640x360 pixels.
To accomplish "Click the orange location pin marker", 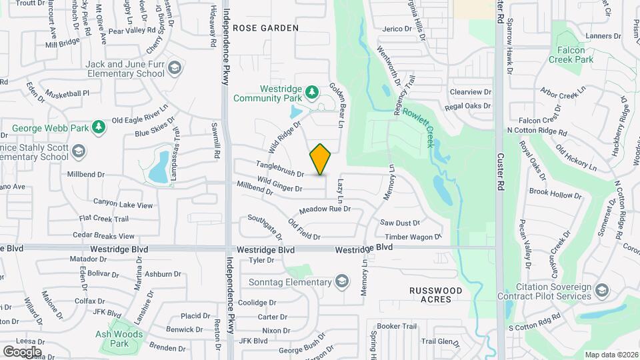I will click(x=321, y=159).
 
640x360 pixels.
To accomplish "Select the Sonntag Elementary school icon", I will click(x=342, y=281).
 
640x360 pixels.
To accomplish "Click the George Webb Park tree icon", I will click(x=98, y=126).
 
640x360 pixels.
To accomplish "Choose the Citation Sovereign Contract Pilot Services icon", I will click(x=602, y=290).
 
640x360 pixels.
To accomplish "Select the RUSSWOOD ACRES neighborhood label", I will click(x=436, y=295).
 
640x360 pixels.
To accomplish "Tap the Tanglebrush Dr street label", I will click(x=280, y=169).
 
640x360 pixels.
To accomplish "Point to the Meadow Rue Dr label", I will click(x=325, y=210).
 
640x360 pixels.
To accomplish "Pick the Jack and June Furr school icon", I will click(x=174, y=67).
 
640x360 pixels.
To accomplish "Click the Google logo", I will click(x=22, y=351).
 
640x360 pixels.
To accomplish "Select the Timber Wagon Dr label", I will click(x=413, y=237).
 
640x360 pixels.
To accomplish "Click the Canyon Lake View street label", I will click(x=123, y=203).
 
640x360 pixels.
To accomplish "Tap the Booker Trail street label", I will click(x=397, y=326).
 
